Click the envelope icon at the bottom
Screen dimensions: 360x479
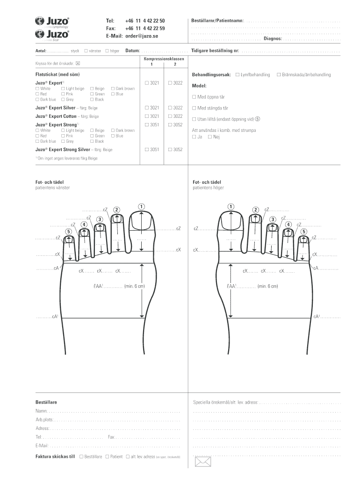[x=203, y=462]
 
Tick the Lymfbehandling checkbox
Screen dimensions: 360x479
[x=237, y=74]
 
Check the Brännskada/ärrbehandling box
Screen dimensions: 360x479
[x=279, y=74]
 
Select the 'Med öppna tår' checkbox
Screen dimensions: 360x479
[x=194, y=97]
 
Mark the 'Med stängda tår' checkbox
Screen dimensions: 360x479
[x=194, y=108]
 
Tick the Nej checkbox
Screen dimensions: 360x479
[x=210, y=137]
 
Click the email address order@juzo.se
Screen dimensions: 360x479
[x=142, y=36]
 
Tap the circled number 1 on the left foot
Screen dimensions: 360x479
[x=141, y=206]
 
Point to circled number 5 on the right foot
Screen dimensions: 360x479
[x=303, y=232]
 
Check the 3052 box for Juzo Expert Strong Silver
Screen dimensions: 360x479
[x=170, y=149]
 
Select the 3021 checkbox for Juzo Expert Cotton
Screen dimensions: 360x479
[x=147, y=116]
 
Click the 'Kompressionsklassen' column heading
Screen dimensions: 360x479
[x=164, y=58]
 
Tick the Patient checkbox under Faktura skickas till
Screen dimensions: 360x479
[x=107, y=457]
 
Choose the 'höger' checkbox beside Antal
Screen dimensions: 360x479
[x=107, y=51]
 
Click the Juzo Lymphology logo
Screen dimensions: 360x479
[x=52, y=22]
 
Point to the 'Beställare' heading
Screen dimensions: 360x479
[x=46, y=402]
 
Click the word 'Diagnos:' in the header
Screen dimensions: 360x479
[x=273, y=39]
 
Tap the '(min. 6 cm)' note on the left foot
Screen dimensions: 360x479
[x=134, y=286]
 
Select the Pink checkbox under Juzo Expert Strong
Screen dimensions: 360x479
[x=63, y=136]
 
